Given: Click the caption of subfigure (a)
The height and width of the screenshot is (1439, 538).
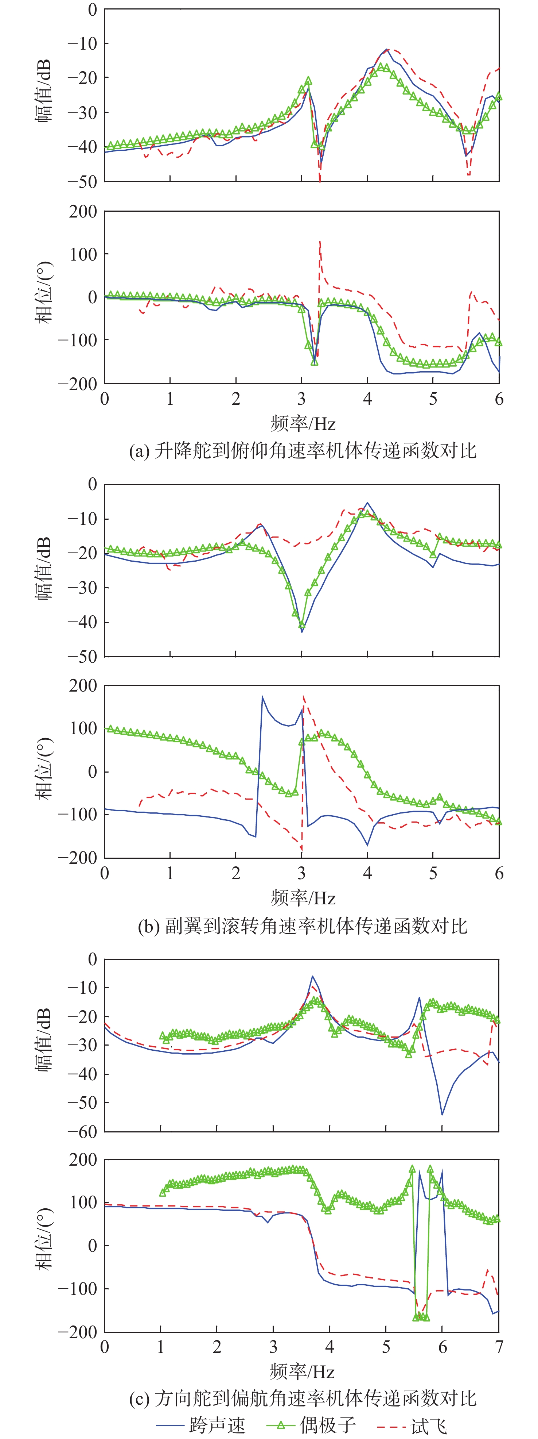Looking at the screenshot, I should point(303,450).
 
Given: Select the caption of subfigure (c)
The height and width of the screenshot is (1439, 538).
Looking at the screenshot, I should point(303,1398).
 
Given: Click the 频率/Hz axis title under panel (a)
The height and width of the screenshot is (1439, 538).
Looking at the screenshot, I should point(303,423).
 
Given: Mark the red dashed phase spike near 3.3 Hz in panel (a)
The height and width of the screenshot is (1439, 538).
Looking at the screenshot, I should point(320,242).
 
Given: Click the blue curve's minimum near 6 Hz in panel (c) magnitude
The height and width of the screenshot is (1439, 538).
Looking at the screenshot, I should point(442,1115).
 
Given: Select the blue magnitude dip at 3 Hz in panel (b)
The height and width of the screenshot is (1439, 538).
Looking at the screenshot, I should point(302,632).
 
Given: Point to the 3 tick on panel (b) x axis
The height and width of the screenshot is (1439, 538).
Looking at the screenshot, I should point(302,873).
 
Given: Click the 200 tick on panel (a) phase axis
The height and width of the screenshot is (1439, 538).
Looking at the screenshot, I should point(83,212).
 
